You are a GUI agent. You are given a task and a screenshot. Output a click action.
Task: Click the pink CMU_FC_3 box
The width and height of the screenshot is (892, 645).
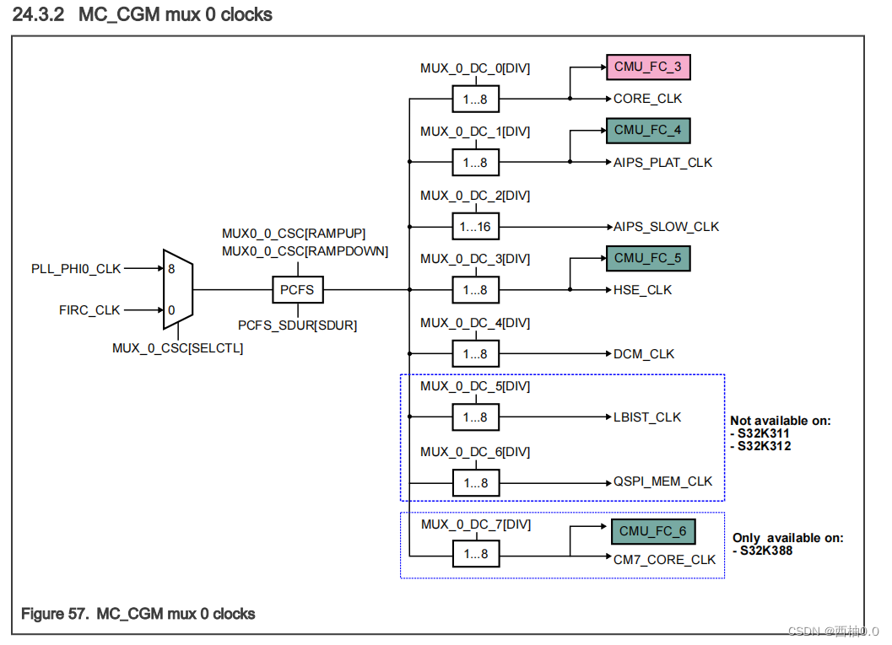click(x=648, y=66)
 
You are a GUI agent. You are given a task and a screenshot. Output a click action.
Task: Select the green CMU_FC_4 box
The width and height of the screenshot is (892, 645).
click(x=647, y=131)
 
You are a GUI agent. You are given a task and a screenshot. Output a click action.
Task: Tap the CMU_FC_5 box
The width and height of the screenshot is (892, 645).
click(x=647, y=259)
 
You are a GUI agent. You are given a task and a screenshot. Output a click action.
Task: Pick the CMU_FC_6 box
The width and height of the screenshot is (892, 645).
click(x=652, y=531)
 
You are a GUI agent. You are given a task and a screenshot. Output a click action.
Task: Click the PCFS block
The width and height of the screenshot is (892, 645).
click(x=297, y=290)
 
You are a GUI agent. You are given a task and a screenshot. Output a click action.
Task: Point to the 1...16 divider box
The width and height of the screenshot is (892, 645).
click(x=475, y=227)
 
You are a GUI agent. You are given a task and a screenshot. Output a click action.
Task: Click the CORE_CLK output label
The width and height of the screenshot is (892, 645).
click(x=647, y=99)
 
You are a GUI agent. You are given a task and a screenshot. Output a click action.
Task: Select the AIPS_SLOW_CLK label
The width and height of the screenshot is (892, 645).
click(x=667, y=227)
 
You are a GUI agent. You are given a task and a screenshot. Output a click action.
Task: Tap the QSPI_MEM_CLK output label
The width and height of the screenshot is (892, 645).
click(x=663, y=481)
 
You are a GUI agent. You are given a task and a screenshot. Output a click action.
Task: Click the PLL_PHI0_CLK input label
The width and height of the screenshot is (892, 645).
click(x=76, y=269)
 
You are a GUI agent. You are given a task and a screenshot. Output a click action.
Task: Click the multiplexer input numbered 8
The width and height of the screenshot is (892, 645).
click(x=171, y=269)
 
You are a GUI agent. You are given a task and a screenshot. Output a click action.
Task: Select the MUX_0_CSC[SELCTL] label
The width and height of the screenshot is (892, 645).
click(x=177, y=347)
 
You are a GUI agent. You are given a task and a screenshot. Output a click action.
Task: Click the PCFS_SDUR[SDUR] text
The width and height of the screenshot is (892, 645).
click(x=297, y=325)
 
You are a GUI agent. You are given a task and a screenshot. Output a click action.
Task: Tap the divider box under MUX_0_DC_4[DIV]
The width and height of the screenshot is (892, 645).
click(x=475, y=354)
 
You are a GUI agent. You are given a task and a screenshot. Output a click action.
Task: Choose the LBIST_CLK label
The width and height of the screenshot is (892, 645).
click(x=647, y=417)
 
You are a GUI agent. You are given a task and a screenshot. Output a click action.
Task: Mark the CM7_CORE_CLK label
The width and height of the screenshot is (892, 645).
click(x=664, y=560)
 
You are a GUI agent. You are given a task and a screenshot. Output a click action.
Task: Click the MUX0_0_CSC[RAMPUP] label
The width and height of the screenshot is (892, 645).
click(x=294, y=234)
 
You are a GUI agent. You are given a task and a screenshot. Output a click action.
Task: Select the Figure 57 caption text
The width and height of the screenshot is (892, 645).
click(x=138, y=614)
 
